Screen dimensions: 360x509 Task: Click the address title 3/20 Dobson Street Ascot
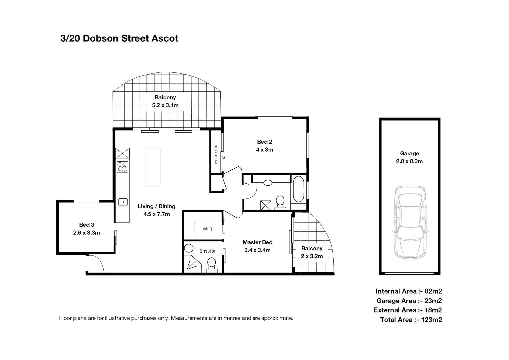(x=119, y=38)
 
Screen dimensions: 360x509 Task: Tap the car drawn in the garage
(x=409, y=222)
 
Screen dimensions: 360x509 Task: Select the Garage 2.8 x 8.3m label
(x=409, y=157)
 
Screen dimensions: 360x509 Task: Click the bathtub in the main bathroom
(x=298, y=189)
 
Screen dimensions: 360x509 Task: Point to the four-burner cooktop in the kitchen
(x=122, y=167)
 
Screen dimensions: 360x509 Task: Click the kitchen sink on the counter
(x=123, y=202)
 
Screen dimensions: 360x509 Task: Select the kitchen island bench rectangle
(x=153, y=167)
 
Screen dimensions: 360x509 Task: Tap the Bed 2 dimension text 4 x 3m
(x=265, y=150)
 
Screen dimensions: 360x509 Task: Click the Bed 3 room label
(x=87, y=225)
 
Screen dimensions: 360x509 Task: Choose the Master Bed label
(x=257, y=242)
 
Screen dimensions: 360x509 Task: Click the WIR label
(x=207, y=229)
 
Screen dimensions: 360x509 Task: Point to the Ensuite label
(x=207, y=251)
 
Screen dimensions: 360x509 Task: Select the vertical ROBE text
(x=216, y=154)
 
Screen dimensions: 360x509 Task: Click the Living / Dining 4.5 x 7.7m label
(x=157, y=210)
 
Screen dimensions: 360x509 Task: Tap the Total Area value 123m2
(x=432, y=320)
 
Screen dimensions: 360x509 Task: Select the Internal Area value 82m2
(x=433, y=291)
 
